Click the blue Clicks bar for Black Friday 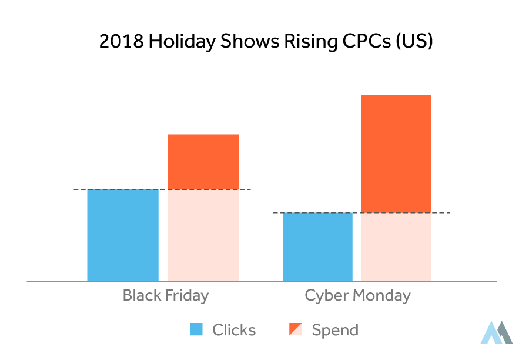point(123,235)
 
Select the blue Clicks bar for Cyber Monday point(317,247)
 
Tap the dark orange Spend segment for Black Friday point(203,162)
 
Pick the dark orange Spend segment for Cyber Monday point(396,154)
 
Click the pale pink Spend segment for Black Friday point(203,235)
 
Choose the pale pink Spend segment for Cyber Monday point(396,247)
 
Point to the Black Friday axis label point(165,295)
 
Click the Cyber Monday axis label point(357,295)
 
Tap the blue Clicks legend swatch point(196,330)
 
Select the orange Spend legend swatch point(296,330)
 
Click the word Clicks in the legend point(234,330)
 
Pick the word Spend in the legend point(335,330)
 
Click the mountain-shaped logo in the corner point(496,332)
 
